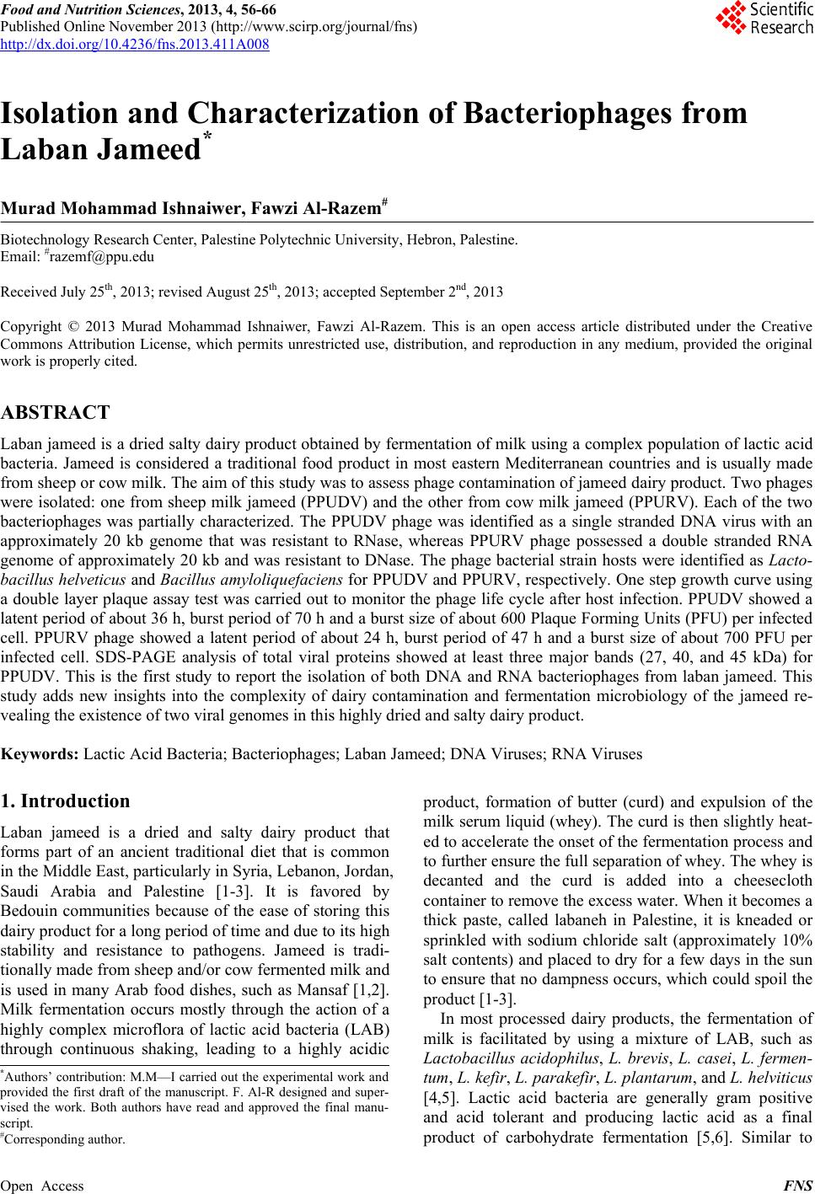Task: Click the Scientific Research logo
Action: pyautogui.click(x=763, y=19)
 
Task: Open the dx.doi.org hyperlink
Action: pyautogui.click(x=135, y=44)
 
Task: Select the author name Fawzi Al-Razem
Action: pyautogui.click(x=313, y=207)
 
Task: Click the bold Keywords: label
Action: pyautogui.click(x=40, y=754)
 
